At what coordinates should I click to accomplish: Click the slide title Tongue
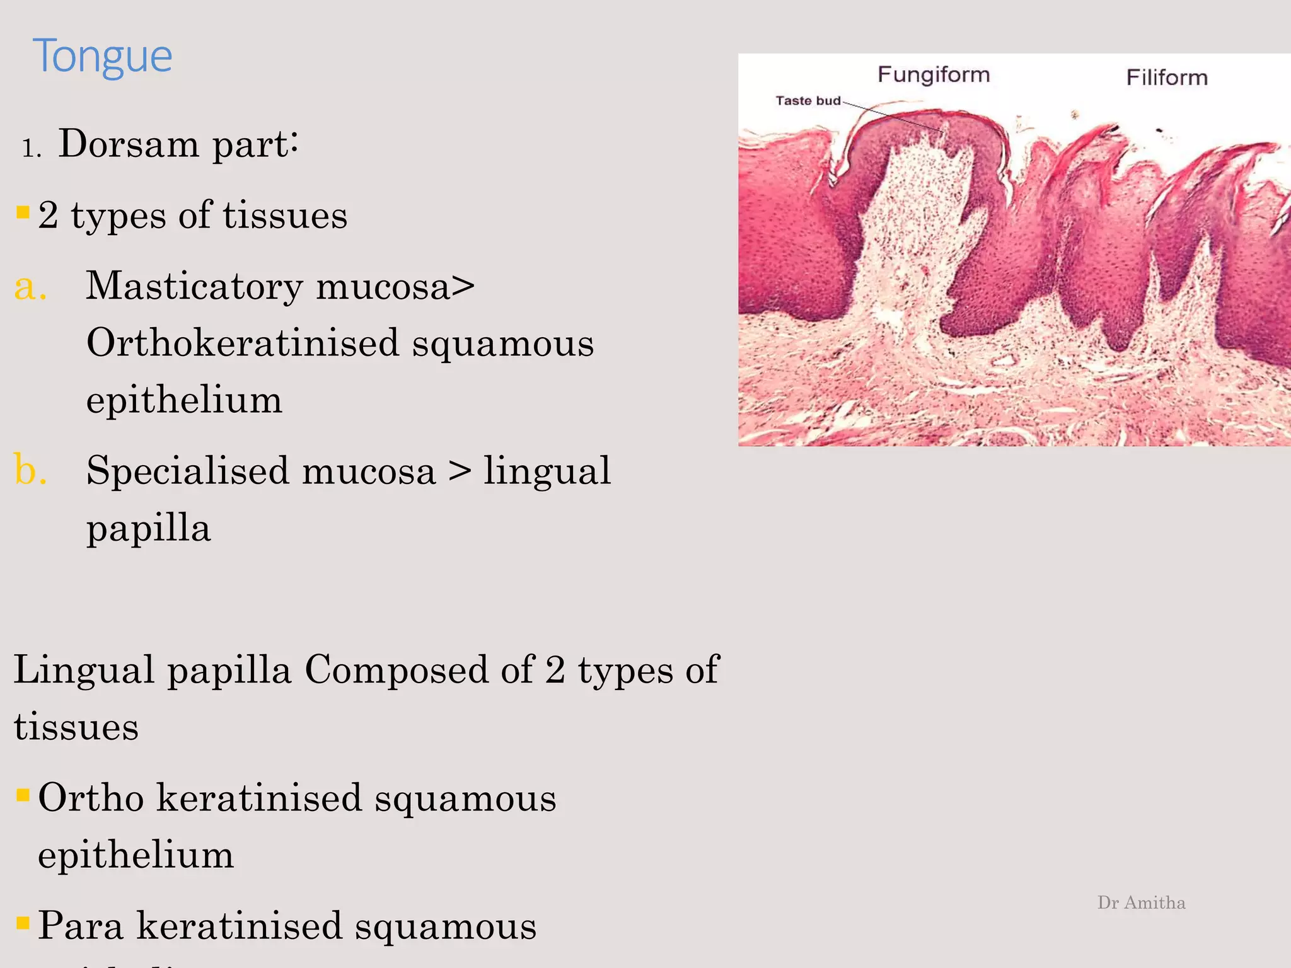[102, 57]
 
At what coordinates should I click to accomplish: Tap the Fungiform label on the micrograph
[934, 75]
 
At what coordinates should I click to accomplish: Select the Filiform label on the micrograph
[1167, 78]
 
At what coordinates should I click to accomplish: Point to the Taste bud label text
[808, 101]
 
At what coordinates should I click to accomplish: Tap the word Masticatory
[194, 287]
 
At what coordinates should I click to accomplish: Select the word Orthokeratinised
[243, 343]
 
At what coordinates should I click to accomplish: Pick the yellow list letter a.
[30, 287]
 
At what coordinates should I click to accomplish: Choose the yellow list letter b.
[30, 471]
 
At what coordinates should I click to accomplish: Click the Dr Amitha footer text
[1141, 902]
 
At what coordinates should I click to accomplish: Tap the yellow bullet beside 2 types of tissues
[23, 212]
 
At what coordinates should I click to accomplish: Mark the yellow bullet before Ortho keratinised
[23, 795]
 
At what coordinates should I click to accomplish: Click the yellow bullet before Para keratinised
[23, 923]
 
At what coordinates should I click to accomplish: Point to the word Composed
[396, 670]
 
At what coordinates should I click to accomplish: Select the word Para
[80, 926]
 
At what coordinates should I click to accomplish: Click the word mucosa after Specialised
[369, 472]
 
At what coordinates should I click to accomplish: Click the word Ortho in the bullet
[91, 797]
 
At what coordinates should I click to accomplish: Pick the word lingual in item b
[547, 472]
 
